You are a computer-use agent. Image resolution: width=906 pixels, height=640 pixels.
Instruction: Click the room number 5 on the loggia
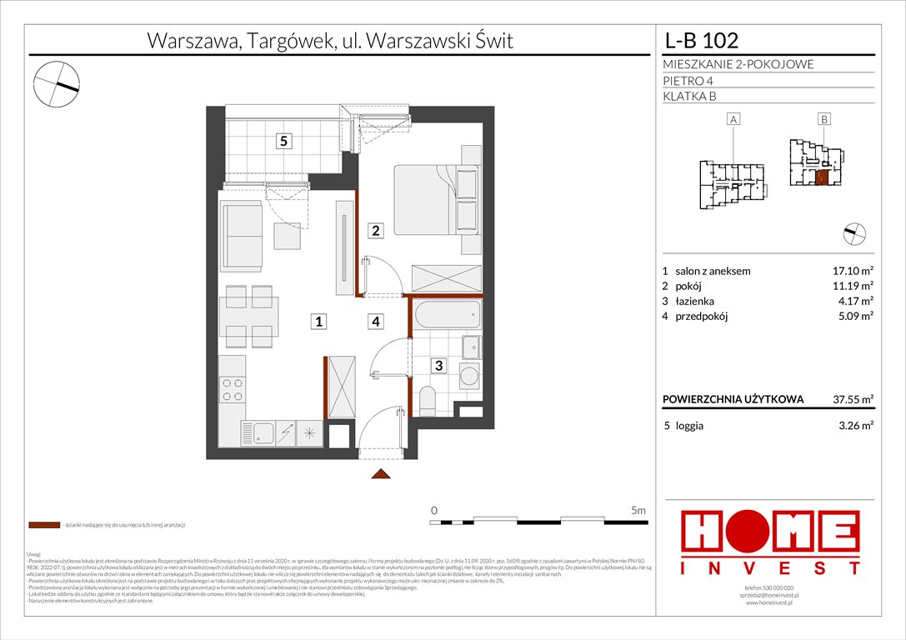pos(284,142)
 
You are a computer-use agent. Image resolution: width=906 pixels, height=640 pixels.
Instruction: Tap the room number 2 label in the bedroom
pos(376,231)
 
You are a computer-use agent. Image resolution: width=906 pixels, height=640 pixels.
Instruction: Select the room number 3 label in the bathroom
pos(436,364)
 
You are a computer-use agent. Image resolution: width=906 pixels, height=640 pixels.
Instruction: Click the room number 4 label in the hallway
pos(376,321)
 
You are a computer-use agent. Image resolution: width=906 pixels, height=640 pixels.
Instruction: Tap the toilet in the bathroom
pos(427,402)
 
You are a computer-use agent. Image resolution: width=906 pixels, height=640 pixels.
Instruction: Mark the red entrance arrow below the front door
pos(381,474)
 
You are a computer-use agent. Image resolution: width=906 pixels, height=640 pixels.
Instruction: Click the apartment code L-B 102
pos(701,40)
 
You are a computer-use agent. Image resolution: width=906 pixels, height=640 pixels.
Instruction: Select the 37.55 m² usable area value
pos(849,399)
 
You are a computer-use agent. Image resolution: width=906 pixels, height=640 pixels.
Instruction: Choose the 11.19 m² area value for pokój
pos(850,286)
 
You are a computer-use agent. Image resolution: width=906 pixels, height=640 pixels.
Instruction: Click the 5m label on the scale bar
pos(638,510)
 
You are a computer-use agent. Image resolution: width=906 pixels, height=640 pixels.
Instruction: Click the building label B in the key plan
pos(823,120)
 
